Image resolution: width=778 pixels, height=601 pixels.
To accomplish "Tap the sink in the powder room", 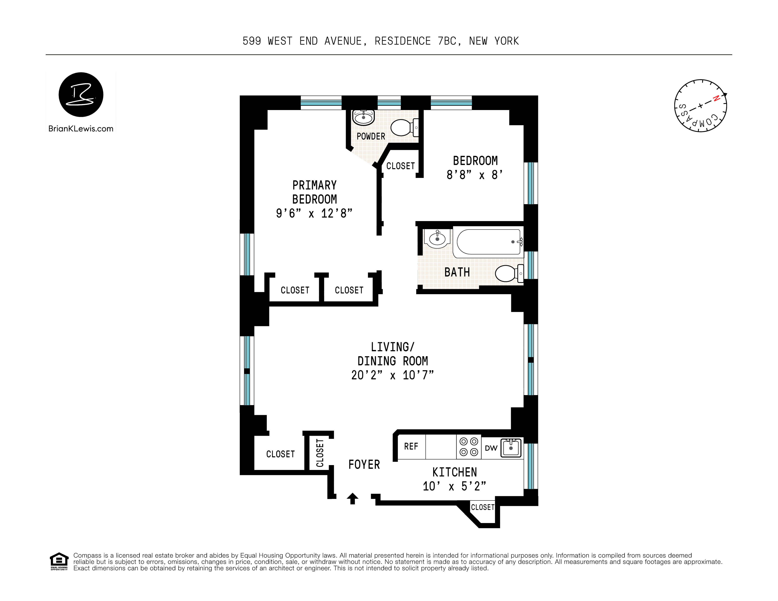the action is click(x=363, y=117).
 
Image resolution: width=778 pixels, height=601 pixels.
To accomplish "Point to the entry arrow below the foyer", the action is click(x=353, y=499).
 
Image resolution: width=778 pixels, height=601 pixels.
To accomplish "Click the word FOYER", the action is click(x=364, y=465).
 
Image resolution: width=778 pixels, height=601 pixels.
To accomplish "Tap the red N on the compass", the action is click(x=716, y=99).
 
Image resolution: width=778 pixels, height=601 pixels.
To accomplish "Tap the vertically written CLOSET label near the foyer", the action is click(x=320, y=453).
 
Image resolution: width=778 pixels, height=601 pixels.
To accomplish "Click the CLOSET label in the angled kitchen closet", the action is click(x=483, y=507).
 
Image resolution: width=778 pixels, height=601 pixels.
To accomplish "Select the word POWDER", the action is click(x=371, y=136).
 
